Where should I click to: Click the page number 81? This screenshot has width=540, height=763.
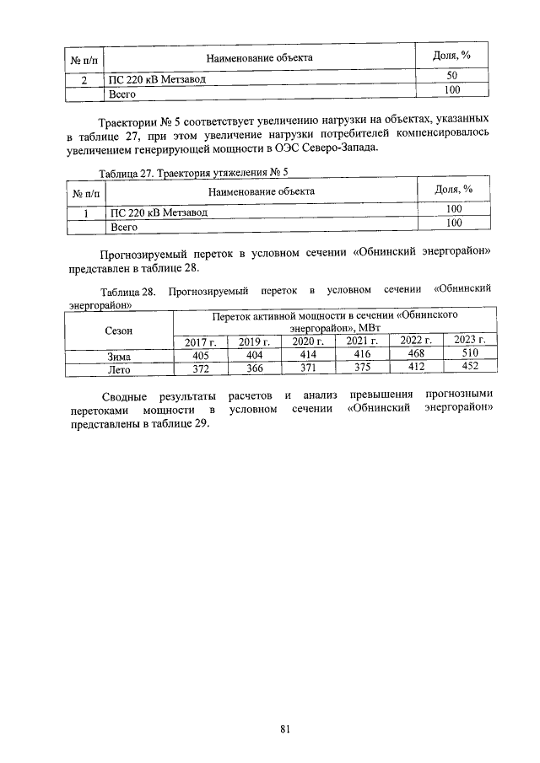click(x=284, y=730)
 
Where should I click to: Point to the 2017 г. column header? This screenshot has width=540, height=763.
click(x=201, y=342)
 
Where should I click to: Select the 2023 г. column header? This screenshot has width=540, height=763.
click(x=469, y=340)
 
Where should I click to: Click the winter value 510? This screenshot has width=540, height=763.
click(x=469, y=354)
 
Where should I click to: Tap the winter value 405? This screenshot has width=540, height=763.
click(x=201, y=357)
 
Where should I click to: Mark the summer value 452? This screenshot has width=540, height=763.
click(x=469, y=367)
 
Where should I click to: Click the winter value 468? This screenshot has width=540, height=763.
click(x=416, y=354)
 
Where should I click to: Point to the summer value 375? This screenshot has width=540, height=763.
click(x=362, y=368)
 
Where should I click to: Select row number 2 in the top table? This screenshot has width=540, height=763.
click(x=84, y=79)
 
